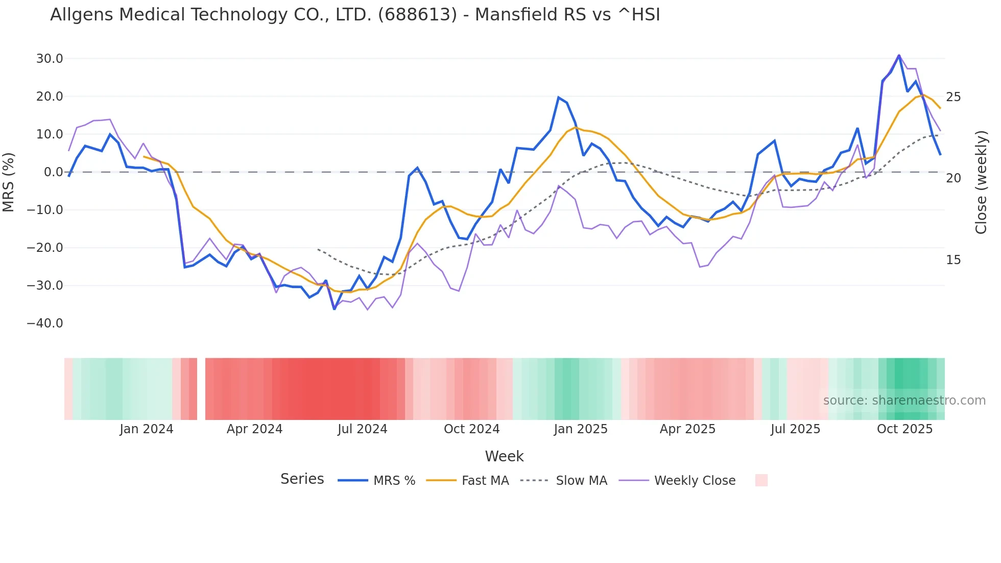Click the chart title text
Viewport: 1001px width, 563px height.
click(355, 15)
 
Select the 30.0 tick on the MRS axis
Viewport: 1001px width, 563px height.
click(50, 59)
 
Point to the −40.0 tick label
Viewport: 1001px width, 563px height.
click(45, 323)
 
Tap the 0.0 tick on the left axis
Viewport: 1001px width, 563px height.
click(53, 172)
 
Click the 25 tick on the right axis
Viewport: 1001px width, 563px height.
click(953, 97)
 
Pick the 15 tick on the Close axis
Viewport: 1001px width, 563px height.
click(953, 260)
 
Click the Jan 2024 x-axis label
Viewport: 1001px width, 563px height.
click(147, 429)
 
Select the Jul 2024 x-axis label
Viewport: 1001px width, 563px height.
click(363, 429)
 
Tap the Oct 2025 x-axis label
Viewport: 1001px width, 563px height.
click(904, 429)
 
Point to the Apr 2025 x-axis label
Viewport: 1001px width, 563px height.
click(687, 429)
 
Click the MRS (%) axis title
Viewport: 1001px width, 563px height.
click(9, 182)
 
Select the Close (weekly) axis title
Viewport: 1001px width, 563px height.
click(981, 182)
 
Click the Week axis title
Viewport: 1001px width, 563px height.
click(504, 456)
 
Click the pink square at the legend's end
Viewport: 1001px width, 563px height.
click(761, 480)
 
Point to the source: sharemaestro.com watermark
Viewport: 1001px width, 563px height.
click(904, 401)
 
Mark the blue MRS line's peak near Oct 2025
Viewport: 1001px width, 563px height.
click(899, 55)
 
